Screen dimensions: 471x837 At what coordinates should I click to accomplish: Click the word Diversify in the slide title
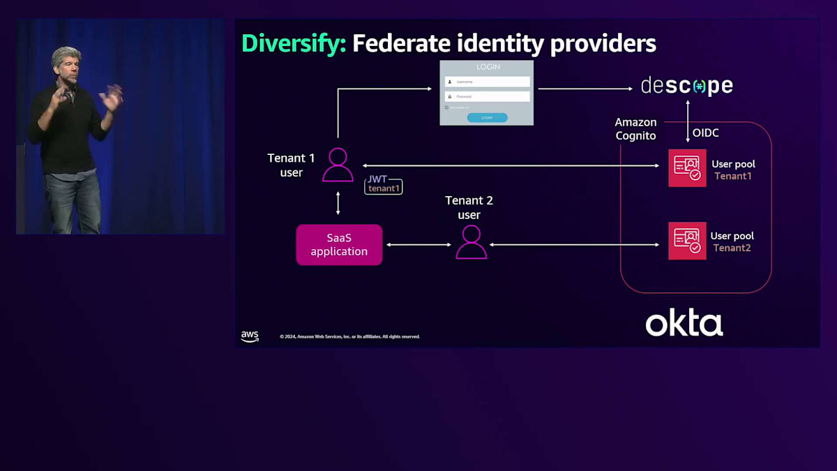coord(294,43)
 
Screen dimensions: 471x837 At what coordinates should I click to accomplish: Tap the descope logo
coord(687,87)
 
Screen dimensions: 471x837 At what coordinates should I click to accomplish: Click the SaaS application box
coord(339,245)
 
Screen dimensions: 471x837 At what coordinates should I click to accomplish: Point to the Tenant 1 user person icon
coord(338,165)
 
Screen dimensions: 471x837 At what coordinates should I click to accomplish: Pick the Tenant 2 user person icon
coord(471,242)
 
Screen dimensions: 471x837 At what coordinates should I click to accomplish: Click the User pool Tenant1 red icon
coord(687,167)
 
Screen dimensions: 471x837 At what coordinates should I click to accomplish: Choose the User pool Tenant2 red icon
coord(687,241)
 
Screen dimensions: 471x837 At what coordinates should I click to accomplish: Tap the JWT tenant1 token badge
coord(384,185)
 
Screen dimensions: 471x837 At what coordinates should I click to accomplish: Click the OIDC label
coord(706,133)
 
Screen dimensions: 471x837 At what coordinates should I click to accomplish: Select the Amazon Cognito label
coord(635,129)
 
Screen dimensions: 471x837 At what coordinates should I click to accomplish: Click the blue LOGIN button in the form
coord(487,118)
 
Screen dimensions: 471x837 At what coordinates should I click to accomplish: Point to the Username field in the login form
coord(487,82)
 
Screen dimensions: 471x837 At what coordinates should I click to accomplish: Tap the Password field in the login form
coord(487,96)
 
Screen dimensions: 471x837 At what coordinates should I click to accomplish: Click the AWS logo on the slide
coord(250,336)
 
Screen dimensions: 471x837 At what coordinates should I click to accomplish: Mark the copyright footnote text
coord(349,337)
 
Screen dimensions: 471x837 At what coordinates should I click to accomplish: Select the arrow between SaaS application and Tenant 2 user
coord(419,245)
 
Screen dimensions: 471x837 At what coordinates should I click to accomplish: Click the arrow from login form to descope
coord(585,89)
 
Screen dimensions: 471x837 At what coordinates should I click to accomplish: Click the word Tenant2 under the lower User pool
coord(732,248)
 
